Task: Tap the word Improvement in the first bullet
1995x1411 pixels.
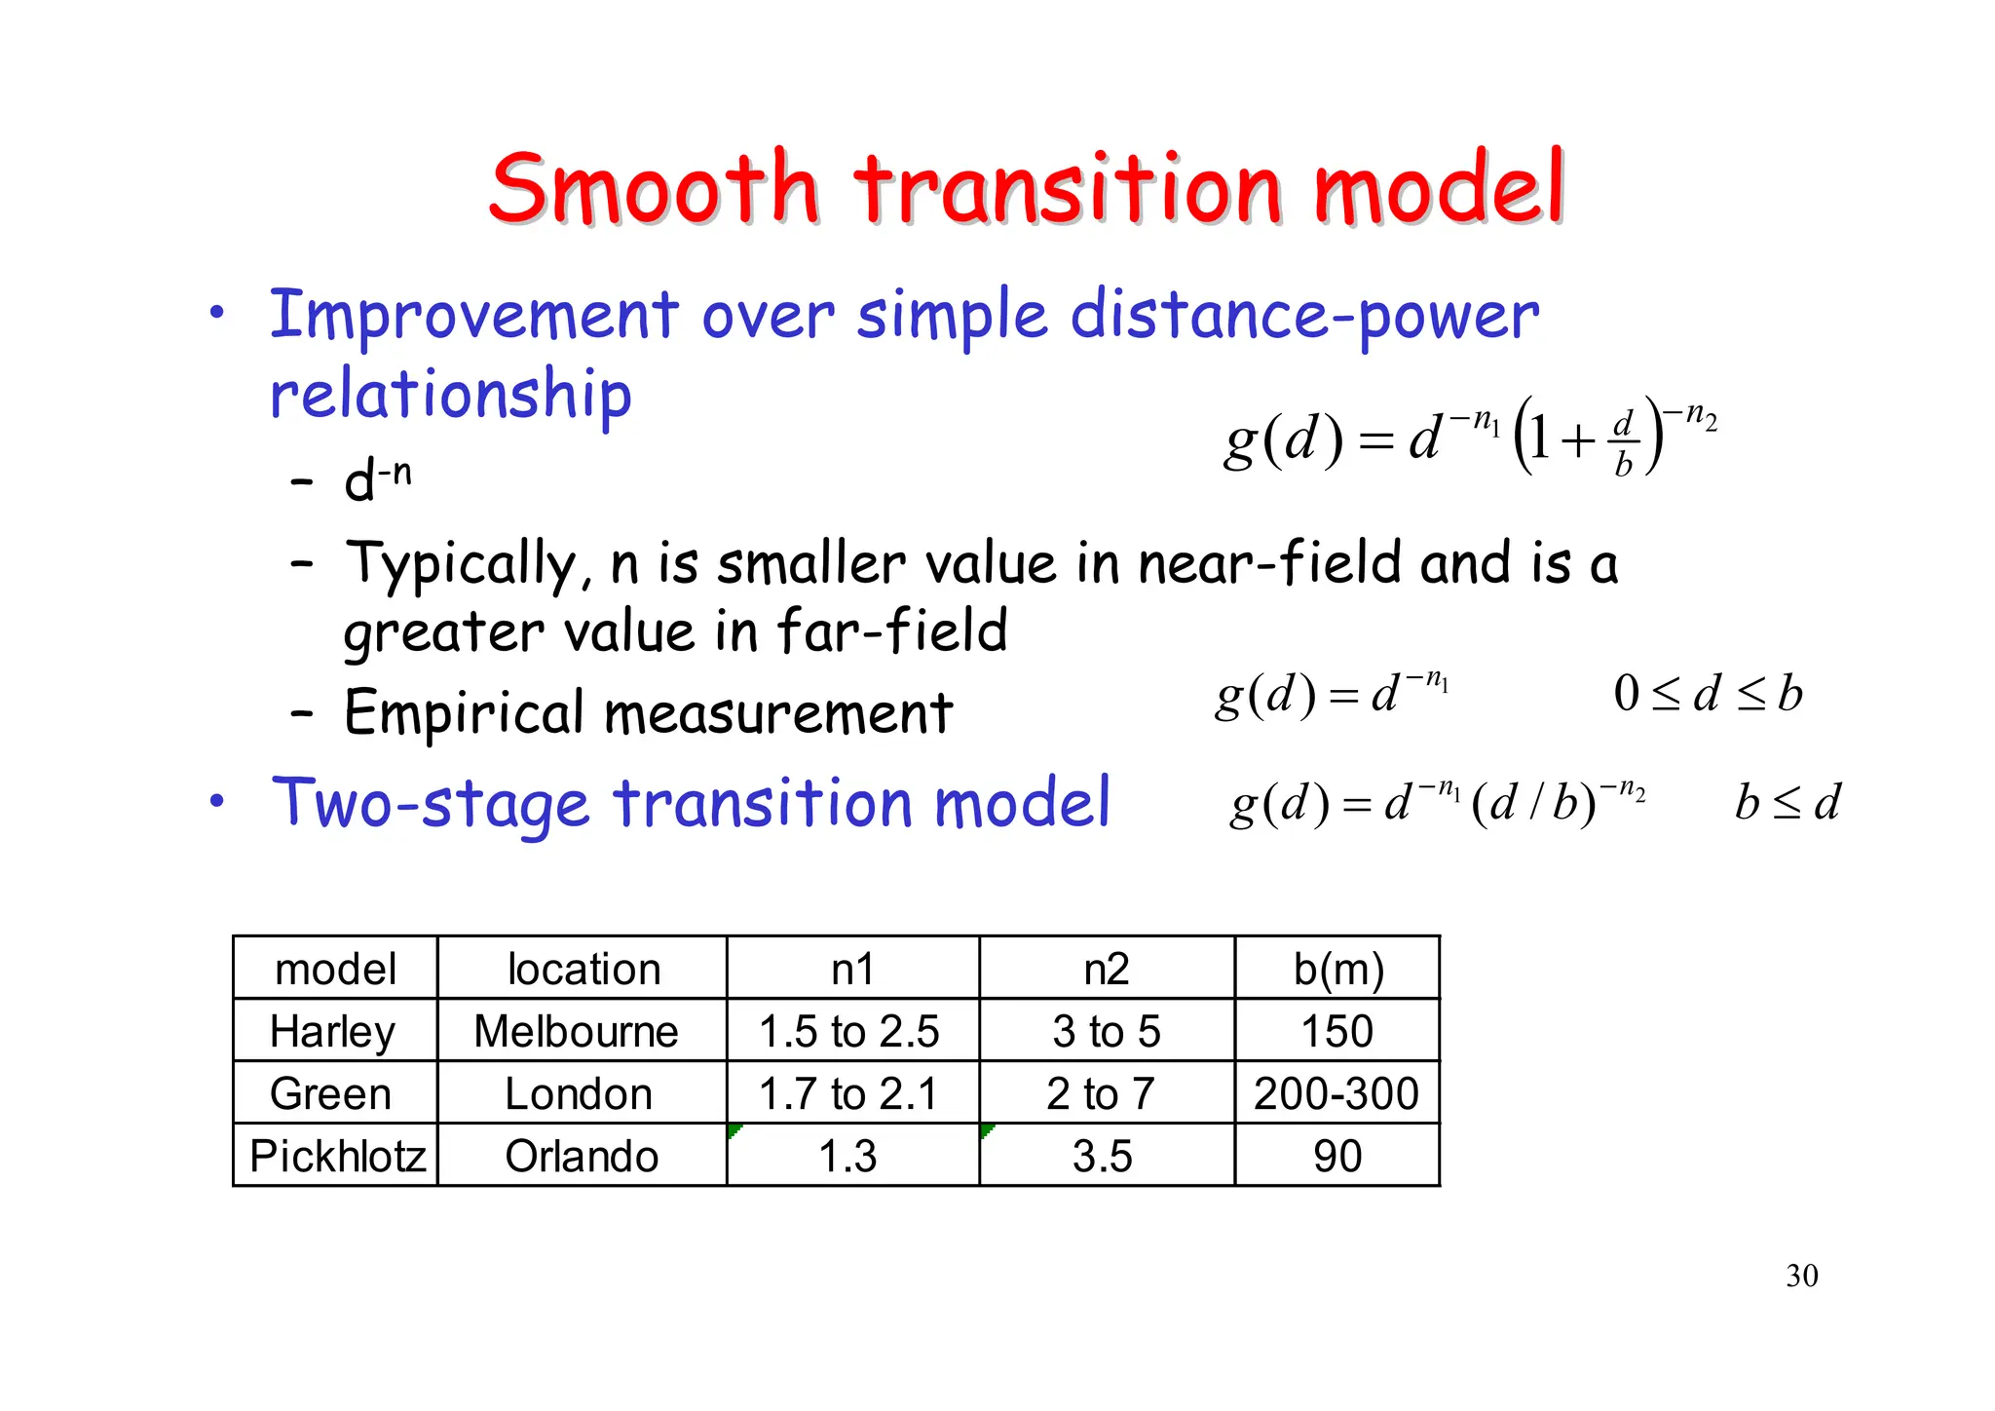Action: (x=473, y=317)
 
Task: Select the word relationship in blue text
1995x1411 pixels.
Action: (x=451, y=396)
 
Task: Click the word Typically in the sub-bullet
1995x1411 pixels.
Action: (x=466, y=566)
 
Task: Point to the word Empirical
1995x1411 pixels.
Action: (x=463, y=712)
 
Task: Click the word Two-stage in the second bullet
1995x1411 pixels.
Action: (x=431, y=804)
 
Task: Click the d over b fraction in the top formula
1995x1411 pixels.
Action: (x=1623, y=443)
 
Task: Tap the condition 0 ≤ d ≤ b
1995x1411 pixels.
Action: (x=1707, y=695)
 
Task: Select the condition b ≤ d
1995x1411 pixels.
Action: (x=1787, y=803)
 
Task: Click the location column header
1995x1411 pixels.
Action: (x=583, y=970)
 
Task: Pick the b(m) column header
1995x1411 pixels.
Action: (x=1337, y=970)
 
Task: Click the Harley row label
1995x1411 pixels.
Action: (x=333, y=1032)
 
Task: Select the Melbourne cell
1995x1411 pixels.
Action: (x=576, y=1032)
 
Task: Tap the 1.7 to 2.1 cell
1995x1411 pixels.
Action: (x=847, y=1094)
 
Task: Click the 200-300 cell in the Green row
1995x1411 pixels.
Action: (x=1336, y=1094)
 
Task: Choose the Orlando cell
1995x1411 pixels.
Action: (x=582, y=1157)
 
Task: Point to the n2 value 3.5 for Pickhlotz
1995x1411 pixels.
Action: (x=1102, y=1157)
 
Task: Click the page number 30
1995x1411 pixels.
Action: (x=1801, y=1276)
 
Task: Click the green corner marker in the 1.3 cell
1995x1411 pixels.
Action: (x=734, y=1130)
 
